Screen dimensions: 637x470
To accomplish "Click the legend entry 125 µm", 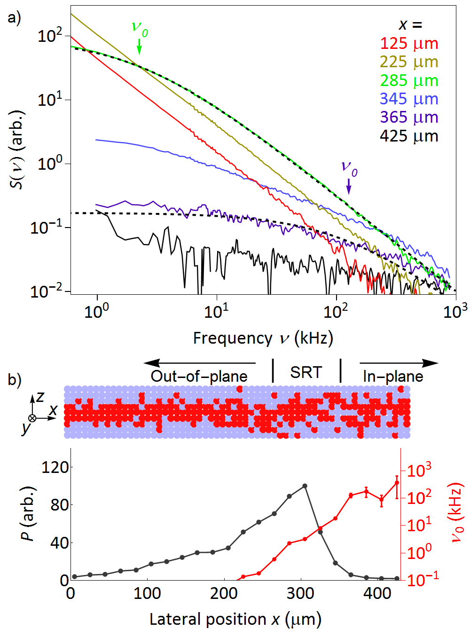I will tap(409, 44).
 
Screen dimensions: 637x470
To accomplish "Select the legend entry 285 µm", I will tap(409, 81).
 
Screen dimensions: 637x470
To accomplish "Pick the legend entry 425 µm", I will tap(409, 136).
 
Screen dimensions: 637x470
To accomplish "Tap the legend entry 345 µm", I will tap(409, 99).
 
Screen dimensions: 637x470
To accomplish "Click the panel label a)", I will tap(14, 18).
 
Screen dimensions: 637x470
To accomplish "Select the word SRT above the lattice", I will tap(306, 372).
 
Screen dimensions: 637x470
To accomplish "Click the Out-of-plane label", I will tap(199, 376).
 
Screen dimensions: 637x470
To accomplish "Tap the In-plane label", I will tap(393, 376).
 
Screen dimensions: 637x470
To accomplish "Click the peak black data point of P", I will tap(305, 486).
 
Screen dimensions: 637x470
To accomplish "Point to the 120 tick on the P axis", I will tap(55, 467).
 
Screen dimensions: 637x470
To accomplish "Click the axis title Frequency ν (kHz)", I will tap(263, 338).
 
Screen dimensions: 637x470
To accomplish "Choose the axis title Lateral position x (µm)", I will tap(235, 619).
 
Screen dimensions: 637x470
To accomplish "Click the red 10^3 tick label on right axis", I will tap(419, 470).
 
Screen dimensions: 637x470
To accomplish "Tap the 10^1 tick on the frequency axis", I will tap(217, 311).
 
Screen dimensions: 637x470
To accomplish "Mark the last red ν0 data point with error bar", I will tap(397, 483).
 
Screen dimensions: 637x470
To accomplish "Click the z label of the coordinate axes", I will tap(40, 397).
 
